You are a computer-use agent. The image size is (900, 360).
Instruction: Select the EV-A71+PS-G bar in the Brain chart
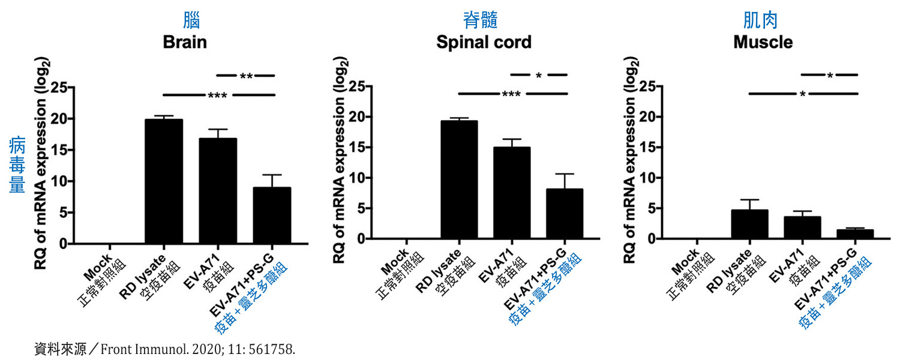272,216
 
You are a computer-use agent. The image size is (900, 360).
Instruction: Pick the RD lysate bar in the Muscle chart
750,224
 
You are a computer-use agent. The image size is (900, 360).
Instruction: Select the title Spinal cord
484,43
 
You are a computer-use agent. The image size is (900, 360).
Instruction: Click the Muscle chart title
763,43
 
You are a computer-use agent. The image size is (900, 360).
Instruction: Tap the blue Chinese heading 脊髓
480,21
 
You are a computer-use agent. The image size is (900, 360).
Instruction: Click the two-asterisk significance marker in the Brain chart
246,77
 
